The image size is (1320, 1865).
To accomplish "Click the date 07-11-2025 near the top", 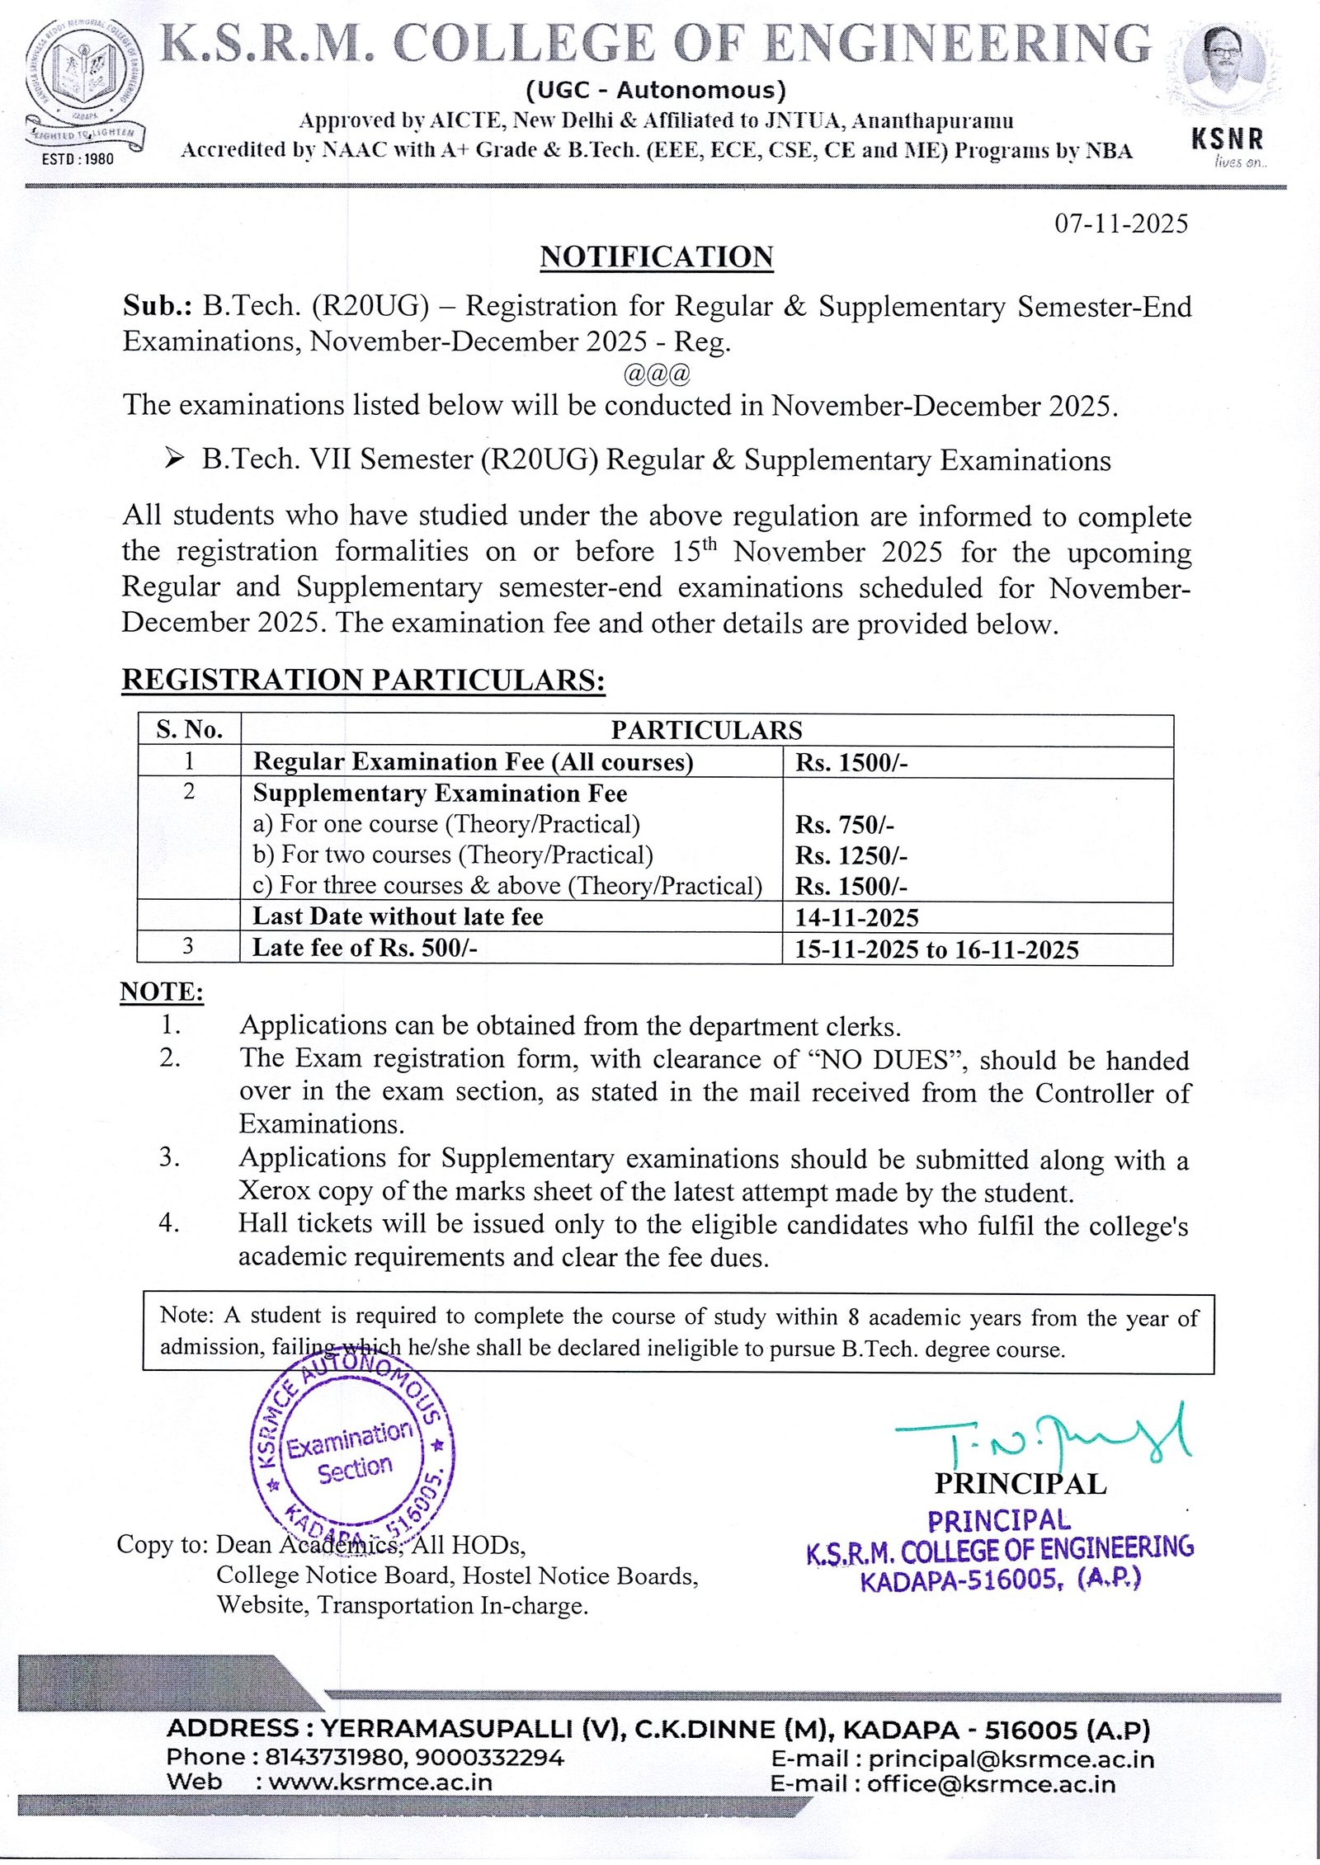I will (x=1121, y=224).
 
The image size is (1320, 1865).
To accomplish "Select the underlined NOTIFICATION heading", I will (x=657, y=257).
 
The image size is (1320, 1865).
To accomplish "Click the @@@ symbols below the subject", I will (x=657, y=374).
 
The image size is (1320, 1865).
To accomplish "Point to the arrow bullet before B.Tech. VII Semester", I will (x=173, y=459).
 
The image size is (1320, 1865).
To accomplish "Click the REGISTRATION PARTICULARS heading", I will (x=363, y=680).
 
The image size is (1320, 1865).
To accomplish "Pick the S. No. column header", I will (x=189, y=729).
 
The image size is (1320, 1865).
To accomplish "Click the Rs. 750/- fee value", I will (x=844, y=825).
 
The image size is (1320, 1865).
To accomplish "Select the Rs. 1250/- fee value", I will (x=851, y=855).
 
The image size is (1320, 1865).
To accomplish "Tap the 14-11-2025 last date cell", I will (x=856, y=917).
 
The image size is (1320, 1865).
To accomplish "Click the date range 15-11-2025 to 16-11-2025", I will (x=936, y=949).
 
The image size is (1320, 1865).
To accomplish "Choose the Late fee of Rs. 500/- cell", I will (x=365, y=948).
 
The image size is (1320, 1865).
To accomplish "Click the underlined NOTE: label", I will (x=162, y=991).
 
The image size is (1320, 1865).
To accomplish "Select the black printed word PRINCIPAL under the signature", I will (x=1020, y=1484).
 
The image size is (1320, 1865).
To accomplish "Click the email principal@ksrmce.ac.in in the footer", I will (x=1011, y=1759).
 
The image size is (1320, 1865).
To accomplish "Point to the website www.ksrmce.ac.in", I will (x=380, y=1782).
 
